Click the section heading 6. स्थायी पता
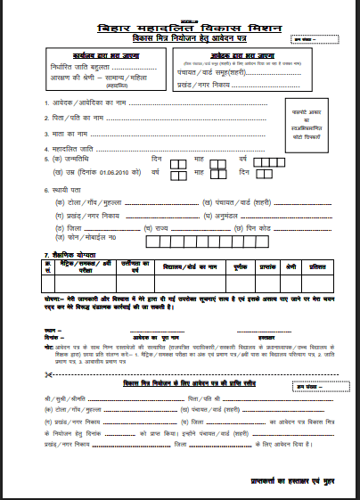pos(65,190)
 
